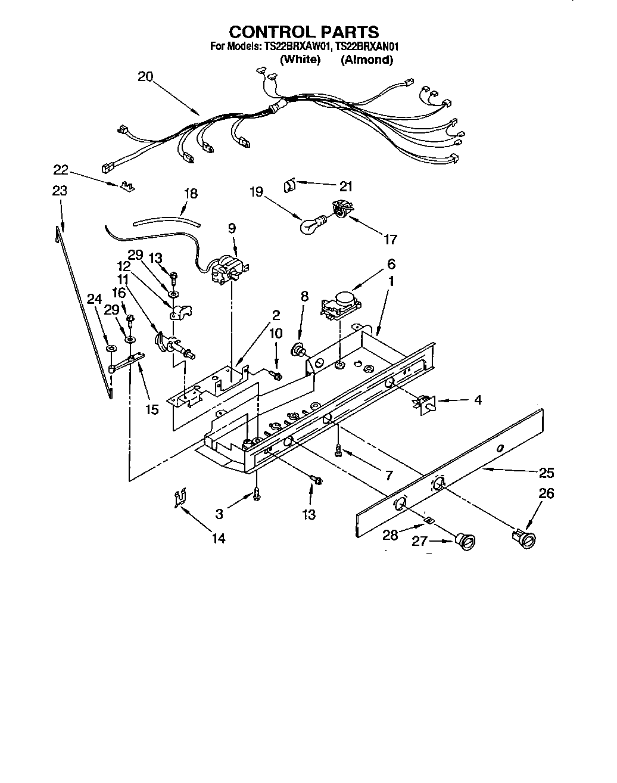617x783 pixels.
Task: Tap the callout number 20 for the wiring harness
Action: click(145, 76)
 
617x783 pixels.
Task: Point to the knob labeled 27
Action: click(466, 541)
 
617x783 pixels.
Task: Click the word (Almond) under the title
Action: click(366, 60)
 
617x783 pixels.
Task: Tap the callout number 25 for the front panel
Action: click(546, 473)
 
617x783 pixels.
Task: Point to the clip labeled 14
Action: click(180, 499)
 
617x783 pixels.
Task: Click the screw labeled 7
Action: click(338, 450)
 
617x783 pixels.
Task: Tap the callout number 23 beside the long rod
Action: click(60, 191)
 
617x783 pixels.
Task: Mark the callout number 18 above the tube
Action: click(191, 194)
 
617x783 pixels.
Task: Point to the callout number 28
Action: click(390, 535)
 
